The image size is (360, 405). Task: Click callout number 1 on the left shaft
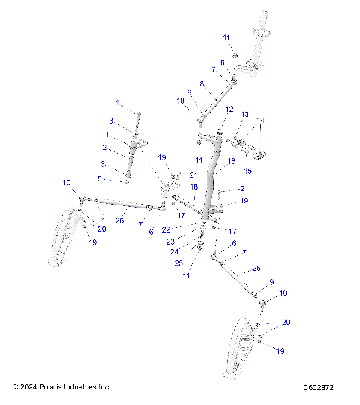pos(107,134)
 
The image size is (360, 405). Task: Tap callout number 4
pos(116,102)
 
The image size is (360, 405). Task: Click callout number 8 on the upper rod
pos(202,84)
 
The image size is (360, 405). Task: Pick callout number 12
pos(229,109)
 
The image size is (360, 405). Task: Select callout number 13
pos(244,115)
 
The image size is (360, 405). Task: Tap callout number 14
pos(261,120)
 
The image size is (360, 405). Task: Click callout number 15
pos(249,150)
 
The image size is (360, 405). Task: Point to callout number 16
pos(232,161)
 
